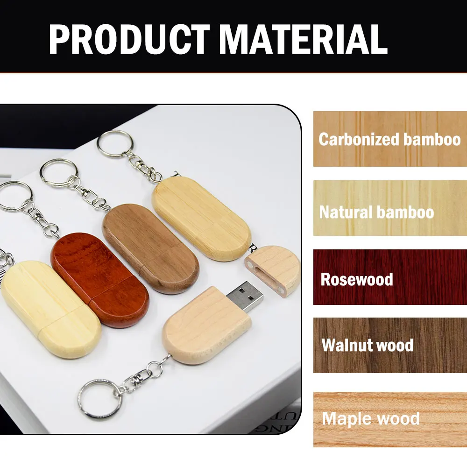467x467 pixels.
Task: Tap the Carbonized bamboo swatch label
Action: point(389,139)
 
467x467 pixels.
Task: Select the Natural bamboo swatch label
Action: point(376,212)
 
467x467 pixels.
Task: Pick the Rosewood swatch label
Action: point(357,279)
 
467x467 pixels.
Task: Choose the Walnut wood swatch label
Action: point(368,346)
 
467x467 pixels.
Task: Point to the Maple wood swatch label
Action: point(371,418)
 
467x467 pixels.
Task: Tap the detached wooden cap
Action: point(272,270)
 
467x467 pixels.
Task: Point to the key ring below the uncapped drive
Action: point(99,398)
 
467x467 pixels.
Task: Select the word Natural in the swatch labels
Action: point(346,212)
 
